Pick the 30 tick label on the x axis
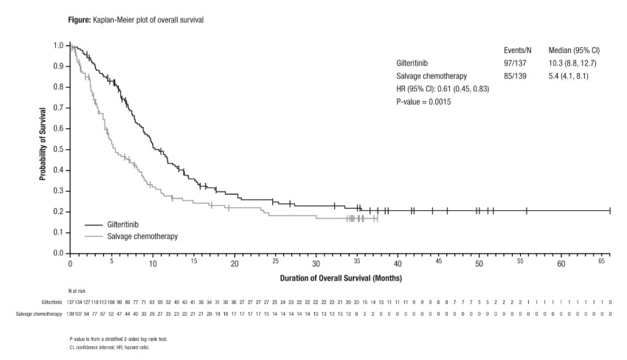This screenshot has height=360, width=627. click(x=316, y=263)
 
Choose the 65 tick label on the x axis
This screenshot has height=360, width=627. click(x=602, y=263)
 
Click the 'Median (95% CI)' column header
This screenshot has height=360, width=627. click(x=574, y=50)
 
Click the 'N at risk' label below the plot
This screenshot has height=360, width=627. click(x=76, y=291)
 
